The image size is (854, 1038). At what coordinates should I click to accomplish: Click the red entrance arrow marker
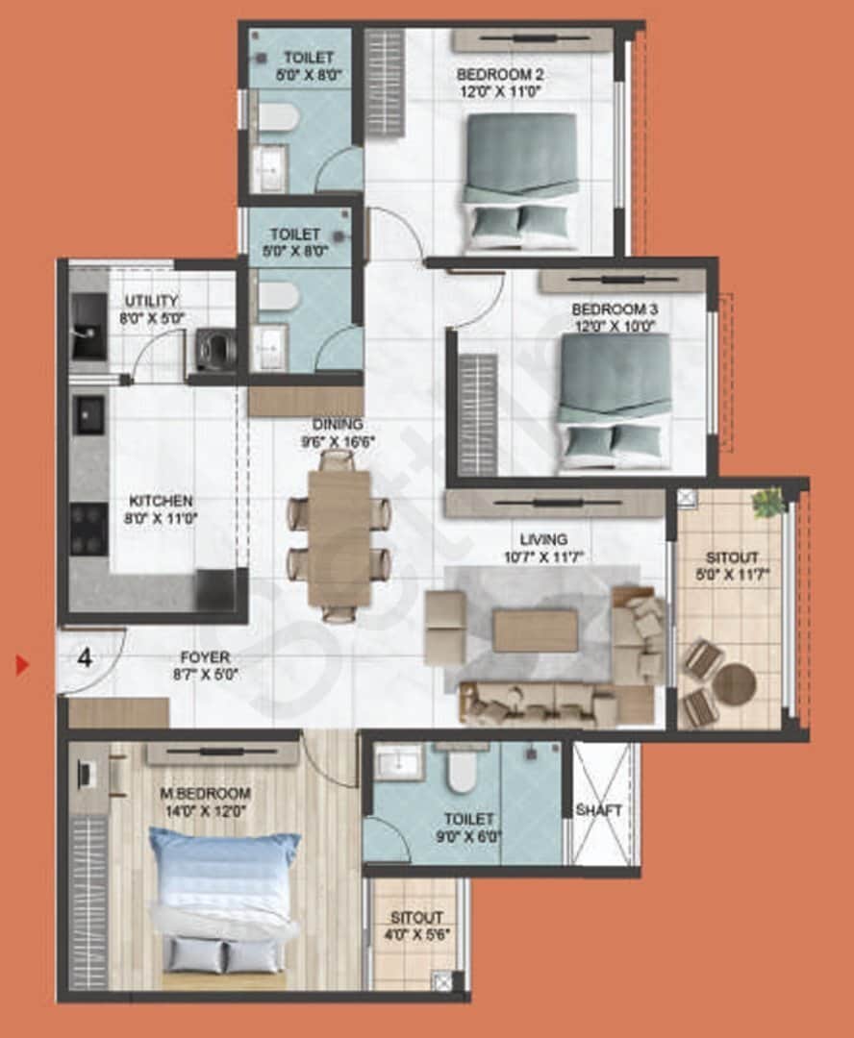click(22, 664)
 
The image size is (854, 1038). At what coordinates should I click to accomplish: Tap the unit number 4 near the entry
click(86, 658)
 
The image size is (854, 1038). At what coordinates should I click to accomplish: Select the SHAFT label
click(599, 810)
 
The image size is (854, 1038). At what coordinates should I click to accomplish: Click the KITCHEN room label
click(162, 502)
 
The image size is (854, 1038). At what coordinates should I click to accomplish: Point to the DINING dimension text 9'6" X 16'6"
click(338, 442)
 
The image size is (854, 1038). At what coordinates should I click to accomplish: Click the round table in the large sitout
click(735, 683)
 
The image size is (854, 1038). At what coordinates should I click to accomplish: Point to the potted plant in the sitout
click(768, 502)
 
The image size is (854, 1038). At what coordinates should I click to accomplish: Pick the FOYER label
click(205, 657)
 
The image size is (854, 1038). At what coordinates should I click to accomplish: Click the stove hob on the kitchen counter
click(89, 529)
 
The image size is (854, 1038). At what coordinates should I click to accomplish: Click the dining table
click(339, 539)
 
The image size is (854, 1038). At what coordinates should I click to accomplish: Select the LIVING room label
click(543, 539)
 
